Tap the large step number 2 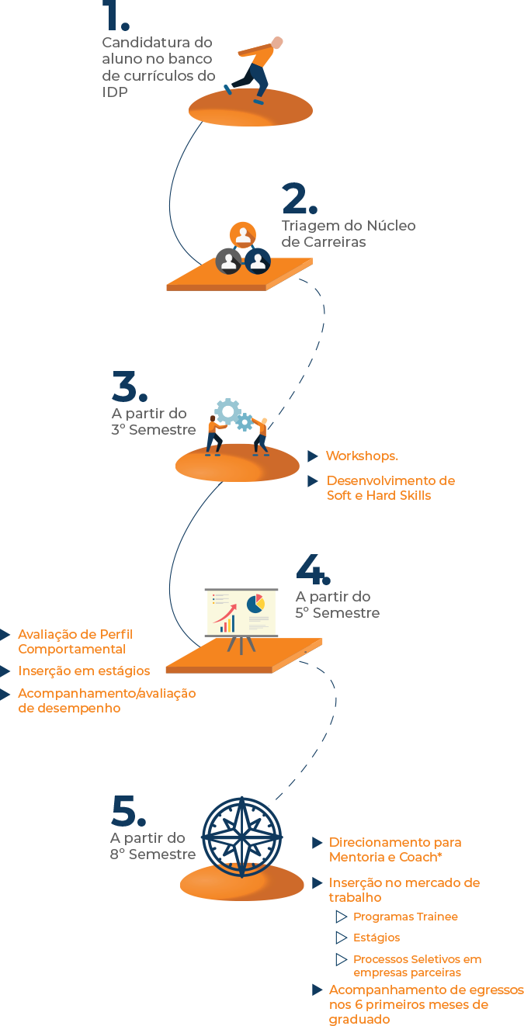300,199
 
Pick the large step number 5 128,811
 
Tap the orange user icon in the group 243,234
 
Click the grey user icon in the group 228,261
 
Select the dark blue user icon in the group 258,261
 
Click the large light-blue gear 228,411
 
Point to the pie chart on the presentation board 255,602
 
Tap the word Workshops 362,456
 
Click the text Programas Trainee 405,917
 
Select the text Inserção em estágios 84,671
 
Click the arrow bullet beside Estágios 342,938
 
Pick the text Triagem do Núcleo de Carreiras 348,234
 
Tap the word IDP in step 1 115,92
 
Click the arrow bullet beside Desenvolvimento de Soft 313,481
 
